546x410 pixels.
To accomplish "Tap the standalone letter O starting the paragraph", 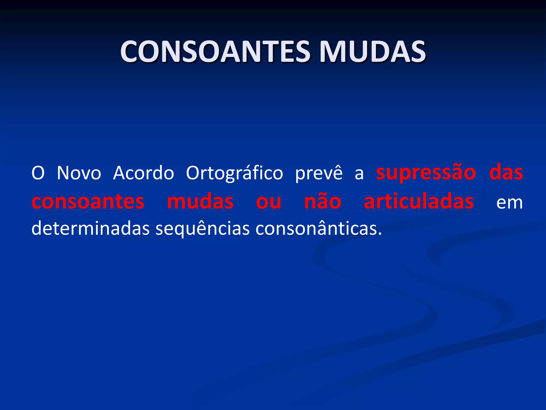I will coord(38,173).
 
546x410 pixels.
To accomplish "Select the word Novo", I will coord(79,173).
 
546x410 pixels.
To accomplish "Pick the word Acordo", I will coord(143,173).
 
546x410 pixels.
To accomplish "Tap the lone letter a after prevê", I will coord(359,174).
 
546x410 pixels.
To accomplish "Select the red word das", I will coord(506,173).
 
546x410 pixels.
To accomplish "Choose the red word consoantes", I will coord(88,202).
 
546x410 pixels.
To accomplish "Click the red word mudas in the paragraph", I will coord(200,202).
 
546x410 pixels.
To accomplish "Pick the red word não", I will coord(323,201).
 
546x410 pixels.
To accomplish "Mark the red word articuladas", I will coord(419,201).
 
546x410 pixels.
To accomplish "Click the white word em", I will coord(509,203).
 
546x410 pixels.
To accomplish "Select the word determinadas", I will coord(90,228).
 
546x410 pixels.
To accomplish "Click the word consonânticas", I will coord(316,228).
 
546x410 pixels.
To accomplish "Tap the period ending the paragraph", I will coord(380,234).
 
